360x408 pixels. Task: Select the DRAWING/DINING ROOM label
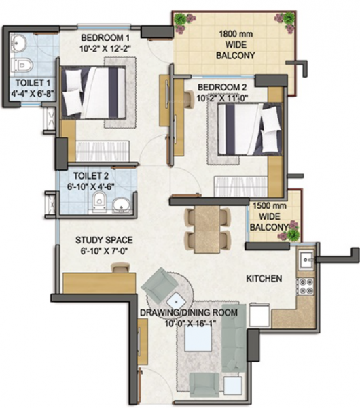coord(189,313)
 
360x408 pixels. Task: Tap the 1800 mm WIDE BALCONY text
coord(236,44)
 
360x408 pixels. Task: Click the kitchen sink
coord(306,258)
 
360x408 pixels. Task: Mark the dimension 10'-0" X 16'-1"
coord(189,324)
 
